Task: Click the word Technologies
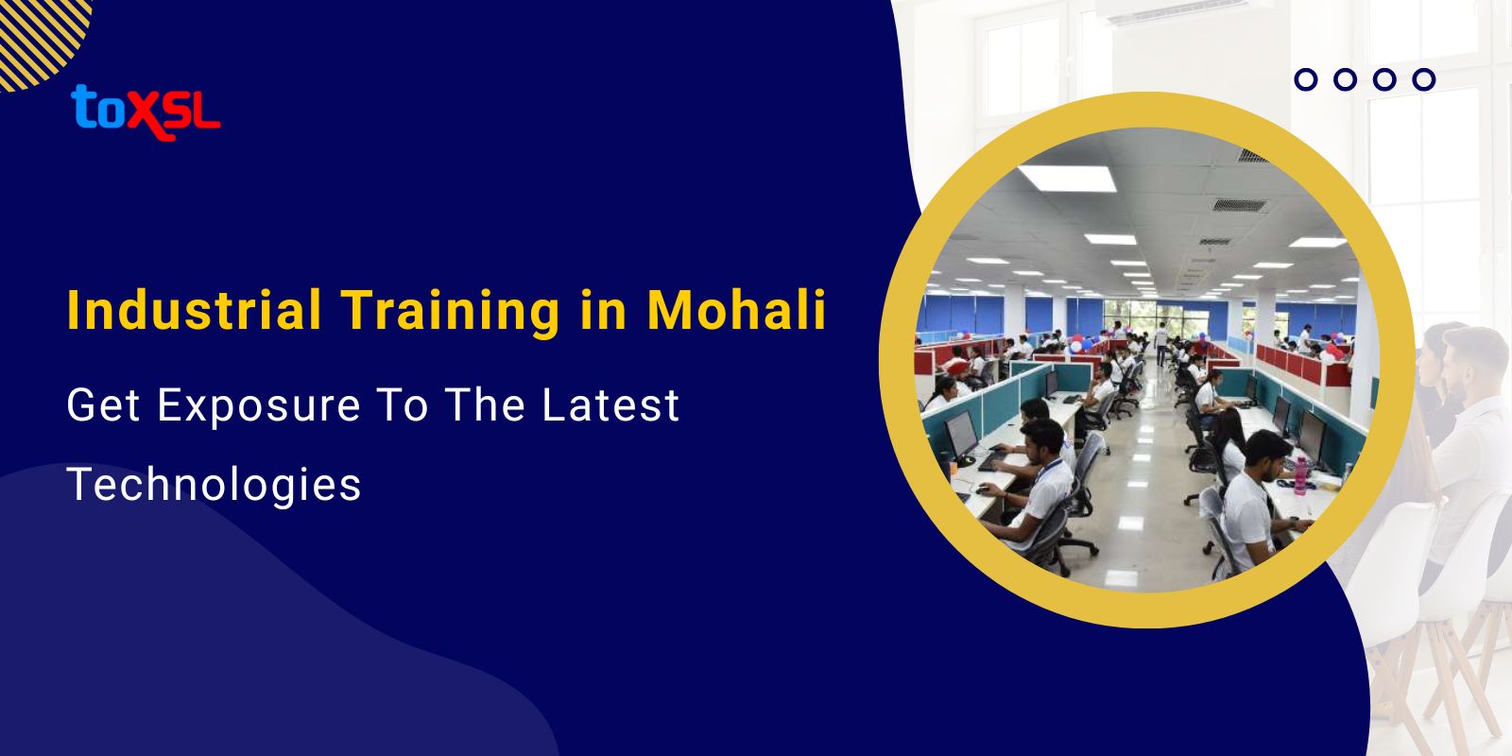click(215, 485)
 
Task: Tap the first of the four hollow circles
click(1306, 79)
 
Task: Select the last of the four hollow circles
click(1424, 79)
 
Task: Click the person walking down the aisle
click(1160, 342)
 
